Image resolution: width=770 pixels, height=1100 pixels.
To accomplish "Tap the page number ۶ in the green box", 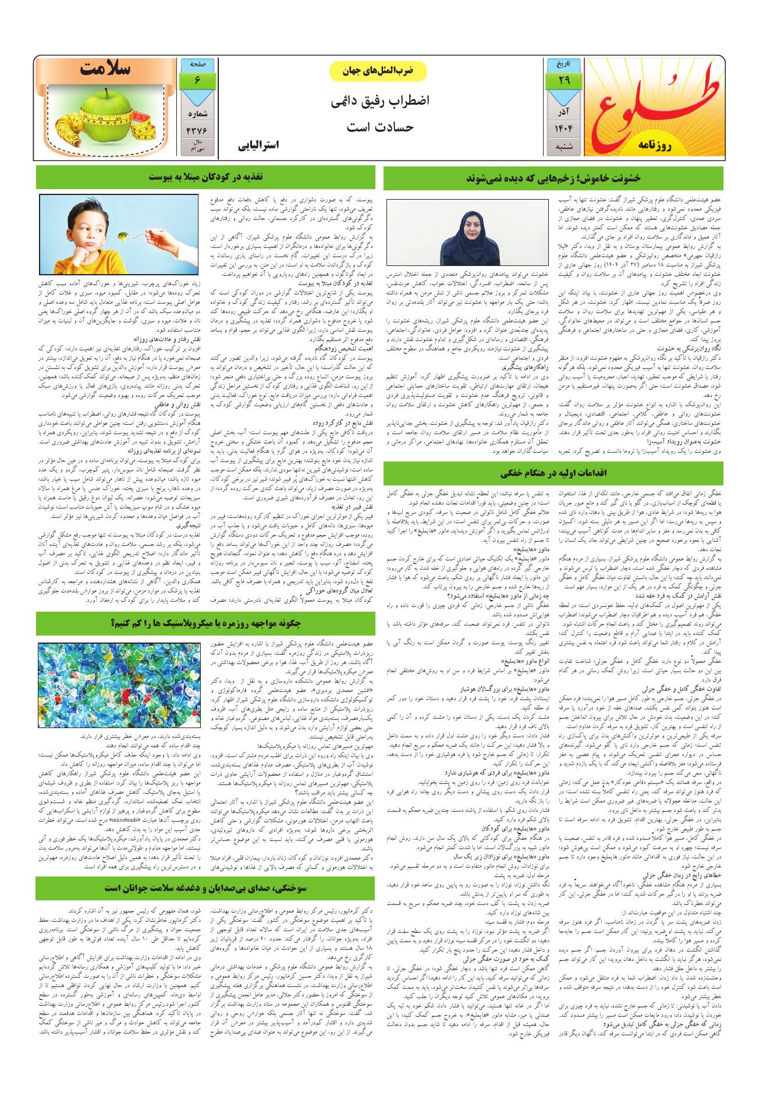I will click(x=198, y=80).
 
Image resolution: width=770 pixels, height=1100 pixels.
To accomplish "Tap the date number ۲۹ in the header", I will click(x=563, y=80).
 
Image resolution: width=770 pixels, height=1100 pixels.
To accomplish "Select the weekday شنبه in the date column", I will click(x=563, y=148).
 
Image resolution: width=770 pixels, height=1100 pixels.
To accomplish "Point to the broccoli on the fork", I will click(x=123, y=235).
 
